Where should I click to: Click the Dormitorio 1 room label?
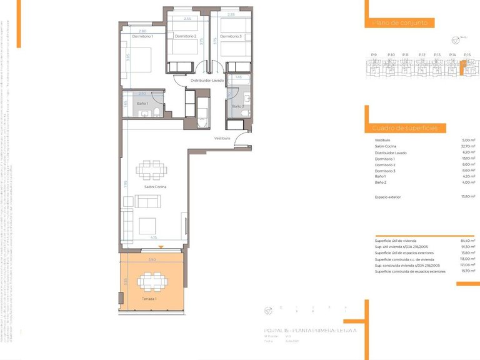[142, 36]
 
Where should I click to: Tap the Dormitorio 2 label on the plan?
[186, 36]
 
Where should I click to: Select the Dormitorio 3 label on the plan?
[231, 36]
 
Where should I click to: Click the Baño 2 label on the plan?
[237, 106]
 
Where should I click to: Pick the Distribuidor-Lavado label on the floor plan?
[207, 81]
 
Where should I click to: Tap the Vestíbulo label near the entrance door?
[222, 138]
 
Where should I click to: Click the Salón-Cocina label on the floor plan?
[154, 187]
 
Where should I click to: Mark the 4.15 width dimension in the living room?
[153, 237]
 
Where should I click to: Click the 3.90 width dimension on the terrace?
[152, 259]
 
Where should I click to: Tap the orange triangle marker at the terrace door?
[161, 248]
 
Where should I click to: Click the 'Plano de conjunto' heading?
[400, 22]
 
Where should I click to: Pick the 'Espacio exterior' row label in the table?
[387, 197]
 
